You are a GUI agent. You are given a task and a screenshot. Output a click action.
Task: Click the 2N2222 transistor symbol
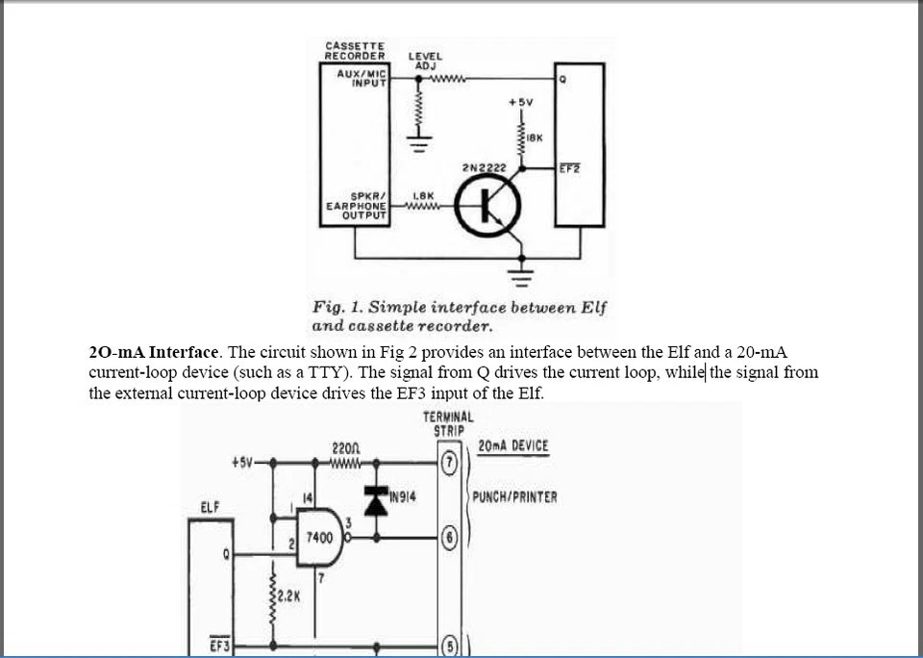point(488,205)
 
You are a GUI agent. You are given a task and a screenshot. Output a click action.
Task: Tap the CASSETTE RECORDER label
point(355,50)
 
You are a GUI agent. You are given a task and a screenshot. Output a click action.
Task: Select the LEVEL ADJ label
point(426,60)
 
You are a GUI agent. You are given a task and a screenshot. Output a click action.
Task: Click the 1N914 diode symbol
point(376,500)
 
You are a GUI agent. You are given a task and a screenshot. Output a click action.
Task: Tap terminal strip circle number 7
point(448,463)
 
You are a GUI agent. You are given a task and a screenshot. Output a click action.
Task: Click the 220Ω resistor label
point(344,448)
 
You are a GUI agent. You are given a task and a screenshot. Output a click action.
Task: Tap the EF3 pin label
point(220,645)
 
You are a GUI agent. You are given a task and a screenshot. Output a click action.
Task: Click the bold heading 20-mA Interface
point(154,352)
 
